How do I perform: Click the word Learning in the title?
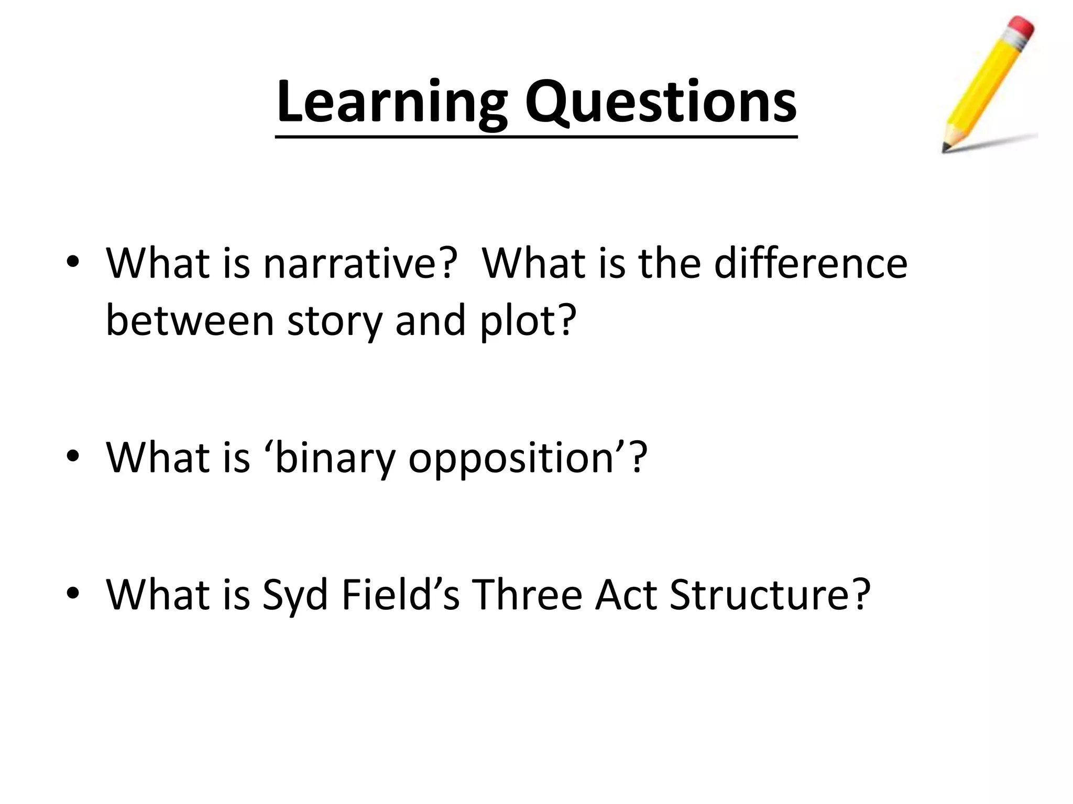[x=392, y=102]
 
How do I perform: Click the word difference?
[x=811, y=263]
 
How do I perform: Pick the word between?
[x=190, y=320]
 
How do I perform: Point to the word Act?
[x=626, y=594]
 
